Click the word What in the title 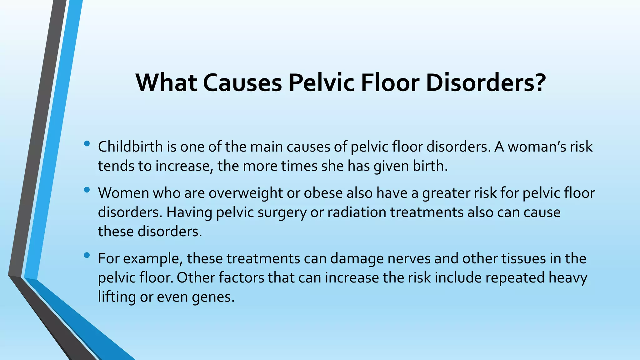pos(166,82)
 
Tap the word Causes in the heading pos(242,82)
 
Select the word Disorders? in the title pos(486,82)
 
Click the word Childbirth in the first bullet pos(130,147)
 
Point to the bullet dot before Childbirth pos(87,144)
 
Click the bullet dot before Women pos(87,190)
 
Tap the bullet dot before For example pos(87,256)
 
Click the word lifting pos(117,297)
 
